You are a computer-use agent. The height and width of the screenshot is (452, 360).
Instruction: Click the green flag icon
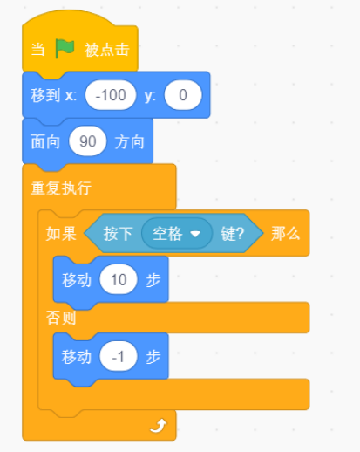coord(65,48)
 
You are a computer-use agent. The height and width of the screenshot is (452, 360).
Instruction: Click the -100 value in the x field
coord(111,95)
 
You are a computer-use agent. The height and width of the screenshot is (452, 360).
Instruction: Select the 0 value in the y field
coord(183,95)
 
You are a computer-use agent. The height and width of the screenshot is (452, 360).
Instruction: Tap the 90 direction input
coord(87,141)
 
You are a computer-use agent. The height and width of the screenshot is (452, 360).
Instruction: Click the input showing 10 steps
coord(119,279)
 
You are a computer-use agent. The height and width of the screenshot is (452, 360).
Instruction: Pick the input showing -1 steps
coord(119,356)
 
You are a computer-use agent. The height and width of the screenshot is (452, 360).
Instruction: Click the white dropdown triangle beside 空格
coord(195,234)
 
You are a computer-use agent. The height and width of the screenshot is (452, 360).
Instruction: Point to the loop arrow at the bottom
coord(159,426)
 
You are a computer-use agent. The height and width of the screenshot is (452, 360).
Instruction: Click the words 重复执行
coord(61,188)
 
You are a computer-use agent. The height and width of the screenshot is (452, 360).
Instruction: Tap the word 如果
coord(61,234)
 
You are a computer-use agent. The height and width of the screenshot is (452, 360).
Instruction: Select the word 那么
coord(285,234)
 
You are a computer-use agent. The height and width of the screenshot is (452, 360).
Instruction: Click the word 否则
coord(61,318)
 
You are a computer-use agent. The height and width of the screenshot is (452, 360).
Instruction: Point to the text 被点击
coord(107,49)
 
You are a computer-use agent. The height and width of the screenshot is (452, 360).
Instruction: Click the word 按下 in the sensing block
coord(119,234)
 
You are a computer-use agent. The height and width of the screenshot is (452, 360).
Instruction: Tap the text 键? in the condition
coord(232,234)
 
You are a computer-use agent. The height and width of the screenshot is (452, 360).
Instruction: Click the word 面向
coord(45,142)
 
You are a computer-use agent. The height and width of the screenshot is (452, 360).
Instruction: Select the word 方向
coord(130,142)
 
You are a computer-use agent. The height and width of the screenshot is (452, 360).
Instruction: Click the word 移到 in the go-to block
coord(45,95)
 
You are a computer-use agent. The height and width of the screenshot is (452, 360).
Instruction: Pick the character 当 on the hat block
coord(38,49)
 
